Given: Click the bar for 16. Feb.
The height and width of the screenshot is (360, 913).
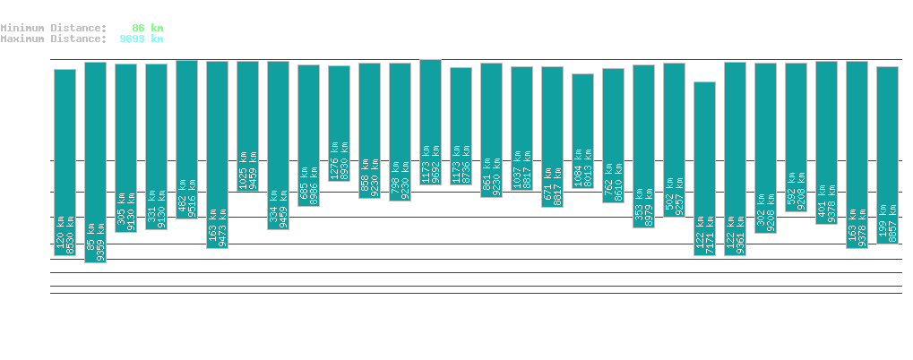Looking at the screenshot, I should click(x=96, y=162).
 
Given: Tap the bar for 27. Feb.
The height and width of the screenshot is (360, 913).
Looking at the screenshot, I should click(x=431, y=122).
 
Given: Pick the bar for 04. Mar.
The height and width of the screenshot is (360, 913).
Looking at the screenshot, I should click(x=583, y=131).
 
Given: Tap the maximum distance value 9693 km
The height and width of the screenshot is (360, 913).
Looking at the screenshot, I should click(x=141, y=39).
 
